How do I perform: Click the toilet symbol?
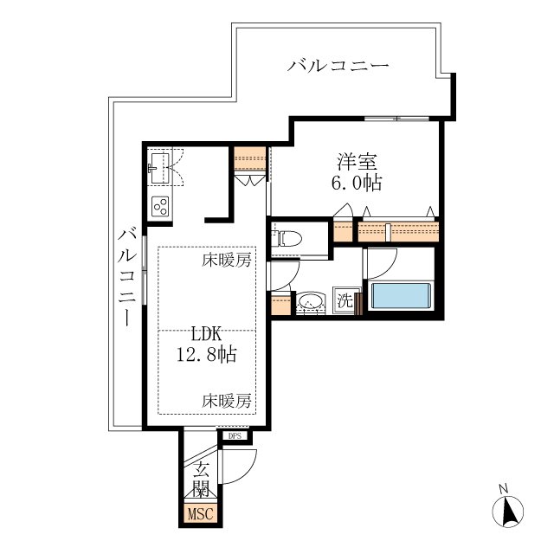tap(287, 238)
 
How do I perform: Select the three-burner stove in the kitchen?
tap(159, 206)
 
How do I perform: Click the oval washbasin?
tap(310, 301)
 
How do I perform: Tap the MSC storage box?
tap(200, 513)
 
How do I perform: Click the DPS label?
tap(235, 436)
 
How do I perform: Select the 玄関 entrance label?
tap(201, 479)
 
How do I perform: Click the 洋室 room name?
tap(358, 161)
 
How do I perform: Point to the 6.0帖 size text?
tap(357, 183)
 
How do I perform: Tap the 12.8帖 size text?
tap(207, 354)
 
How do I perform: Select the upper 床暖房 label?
tap(227, 260)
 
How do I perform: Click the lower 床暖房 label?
tap(227, 401)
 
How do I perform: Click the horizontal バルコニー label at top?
tap(338, 66)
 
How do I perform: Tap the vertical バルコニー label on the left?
tap(127, 278)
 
